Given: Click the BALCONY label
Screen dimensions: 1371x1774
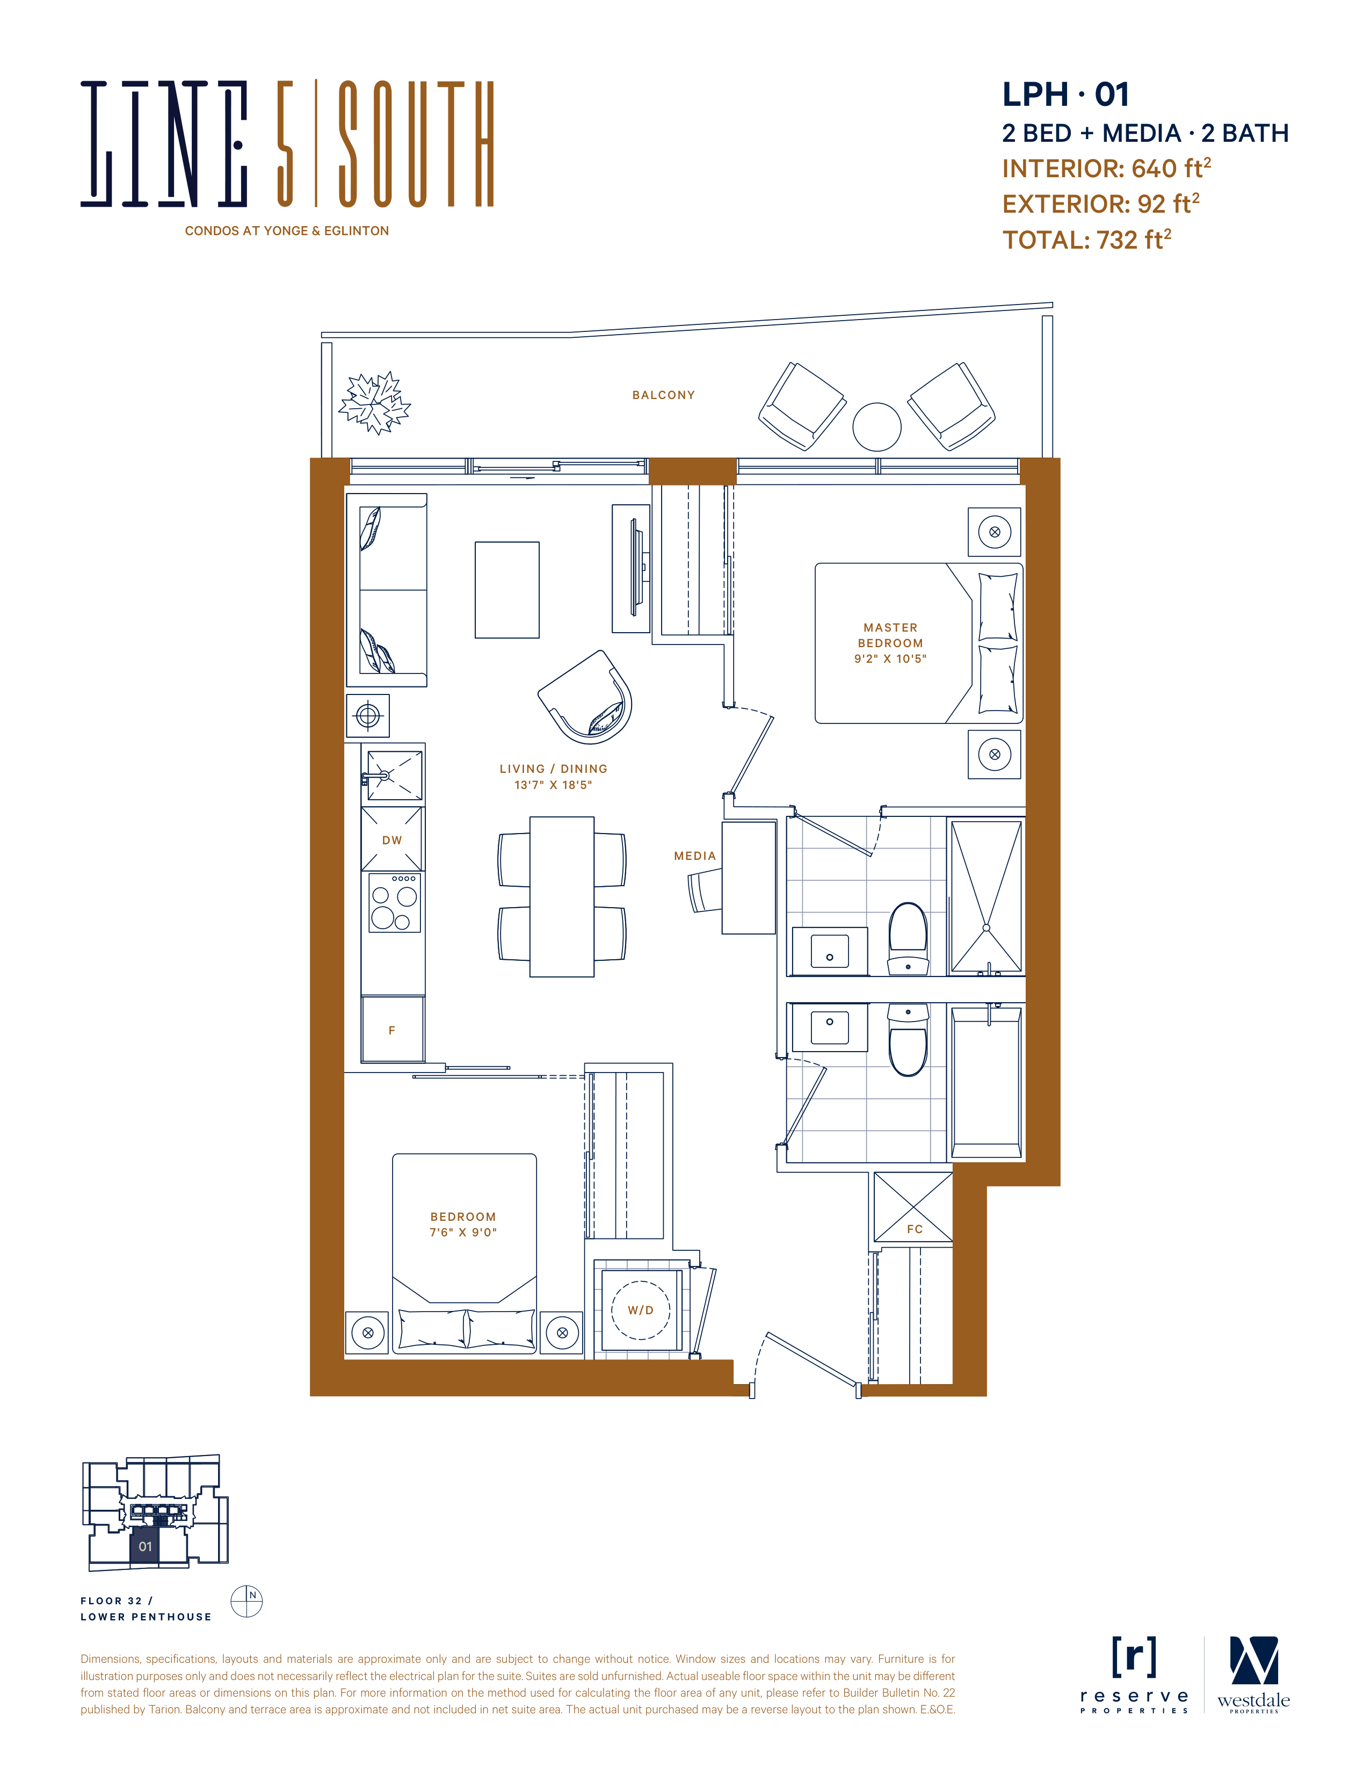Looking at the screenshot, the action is pyautogui.click(x=664, y=396).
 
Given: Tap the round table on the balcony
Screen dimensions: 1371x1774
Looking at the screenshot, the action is pyautogui.click(x=876, y=426).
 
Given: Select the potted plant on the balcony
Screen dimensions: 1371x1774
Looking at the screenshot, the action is pyautogui.click(x=374, y=403).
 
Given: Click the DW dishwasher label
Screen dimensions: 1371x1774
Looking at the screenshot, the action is pyautogui.click(x=393, y=841).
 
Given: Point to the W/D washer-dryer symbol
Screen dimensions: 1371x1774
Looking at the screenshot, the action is pyautogui.click(x=641, y=1310).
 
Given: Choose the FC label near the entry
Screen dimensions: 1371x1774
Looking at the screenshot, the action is pyautogui.click(x=915, y=1229).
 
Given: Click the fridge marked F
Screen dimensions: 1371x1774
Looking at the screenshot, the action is pyautogui.click(x=393, y=1029).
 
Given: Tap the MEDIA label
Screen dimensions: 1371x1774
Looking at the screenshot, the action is pyautogui.click(x=695, y=856).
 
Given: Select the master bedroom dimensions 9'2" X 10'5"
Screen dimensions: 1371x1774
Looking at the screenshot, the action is pyautogui.click(x=890, y=659).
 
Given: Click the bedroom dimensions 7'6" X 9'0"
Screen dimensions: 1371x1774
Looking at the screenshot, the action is pyautogui.click(x=463, y=1232).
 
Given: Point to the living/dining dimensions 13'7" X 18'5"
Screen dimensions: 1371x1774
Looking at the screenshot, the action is pyautogui.click(x=553, y=785).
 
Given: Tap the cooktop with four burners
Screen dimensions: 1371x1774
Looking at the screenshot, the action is pyautogui.click(x=395, y=902).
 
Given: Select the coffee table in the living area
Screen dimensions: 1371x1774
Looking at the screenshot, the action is pyautogui.click(x=507, y=590).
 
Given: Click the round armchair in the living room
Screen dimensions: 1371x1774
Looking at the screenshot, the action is pyautogui.click(x=585, y=697).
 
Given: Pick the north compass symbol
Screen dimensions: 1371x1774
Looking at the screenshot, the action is pyautogui.click(x=247, y=1601).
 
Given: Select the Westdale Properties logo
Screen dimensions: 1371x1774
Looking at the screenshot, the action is pyautogui.click(x=1253, y=1675).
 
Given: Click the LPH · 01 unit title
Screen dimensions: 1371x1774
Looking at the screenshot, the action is pyautogui.click(x=1065, y=94).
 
